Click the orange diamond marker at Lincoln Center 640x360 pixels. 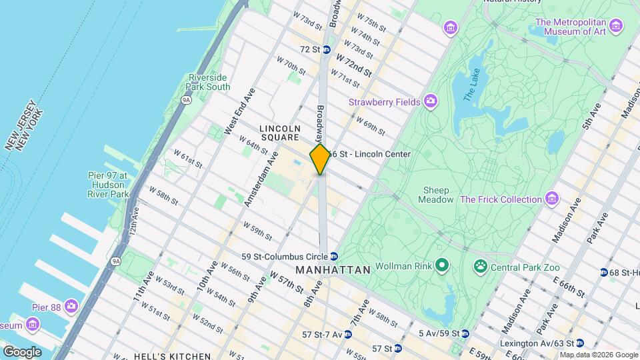pyautogui.click(x=320, y=159)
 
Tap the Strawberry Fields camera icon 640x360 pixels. pyautogui.click(x=431, y=101)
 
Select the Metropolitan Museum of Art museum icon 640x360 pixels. pyautogui.click(x=615, y=26)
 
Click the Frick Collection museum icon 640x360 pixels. pyautogui.click(x=551, y=199)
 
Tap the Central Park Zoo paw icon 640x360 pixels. pyautogui.click(x=479, y=267)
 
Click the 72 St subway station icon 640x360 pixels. pyautogui.click(x=327, y=49)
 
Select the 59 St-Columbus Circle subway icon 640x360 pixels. pyautogui.click(x=334, y=257)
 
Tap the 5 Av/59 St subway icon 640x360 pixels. pyautogui.click(x=465, y=333)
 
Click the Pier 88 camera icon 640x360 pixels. pyautogui.click(x=71, y=307)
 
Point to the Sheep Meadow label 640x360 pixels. pyautogui.click(x=434, y=195)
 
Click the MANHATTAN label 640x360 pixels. pyautogui.click(x=333, y=270)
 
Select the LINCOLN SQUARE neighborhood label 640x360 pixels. pyautogui.click(x=280, y=133)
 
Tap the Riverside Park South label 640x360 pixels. pyautogui.click(x=209, y=82)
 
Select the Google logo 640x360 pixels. pyautogui.click(x=22, y=352)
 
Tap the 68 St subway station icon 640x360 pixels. pyautogui.click(x=603, y=272)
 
